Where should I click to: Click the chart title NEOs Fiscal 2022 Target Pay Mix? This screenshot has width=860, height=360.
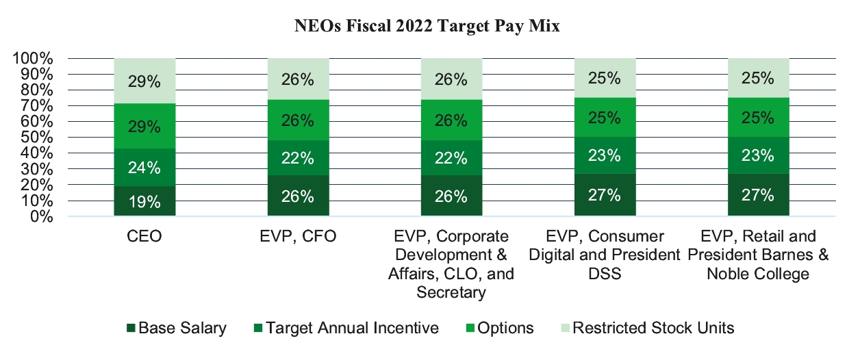click(429, 27)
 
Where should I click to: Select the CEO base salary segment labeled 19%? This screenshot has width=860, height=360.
click(144, 201)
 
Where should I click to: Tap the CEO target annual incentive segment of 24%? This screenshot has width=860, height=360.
click(144, 167)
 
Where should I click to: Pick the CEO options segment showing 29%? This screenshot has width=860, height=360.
click(144, 127)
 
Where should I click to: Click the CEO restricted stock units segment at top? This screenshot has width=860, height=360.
click(144, 81)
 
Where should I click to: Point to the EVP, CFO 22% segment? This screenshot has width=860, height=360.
click(298, 158)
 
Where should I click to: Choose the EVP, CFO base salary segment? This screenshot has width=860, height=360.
click(298, 196)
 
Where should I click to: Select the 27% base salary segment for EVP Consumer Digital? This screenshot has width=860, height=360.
click(605, 195)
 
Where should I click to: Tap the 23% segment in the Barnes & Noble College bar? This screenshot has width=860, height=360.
click(758, 155)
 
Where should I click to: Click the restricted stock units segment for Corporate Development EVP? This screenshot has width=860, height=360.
click(451, 79)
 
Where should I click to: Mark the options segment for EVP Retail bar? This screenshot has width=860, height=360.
click(758, 118)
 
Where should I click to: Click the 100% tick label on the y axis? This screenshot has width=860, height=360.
click(33, 58)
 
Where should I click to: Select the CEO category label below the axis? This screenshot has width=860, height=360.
click(144, 237)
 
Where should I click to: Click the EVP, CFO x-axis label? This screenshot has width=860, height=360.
click(298, 237)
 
